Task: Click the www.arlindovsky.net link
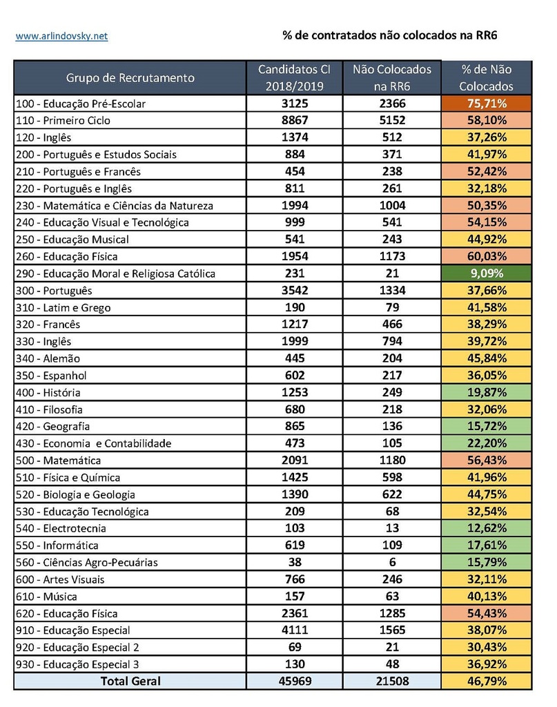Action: (x=61, y=36)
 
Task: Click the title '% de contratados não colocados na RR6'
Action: (x=390, y=35)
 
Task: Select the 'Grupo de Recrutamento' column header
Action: (x=130, y=78)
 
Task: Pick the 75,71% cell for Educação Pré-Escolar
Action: (x=487, y=104)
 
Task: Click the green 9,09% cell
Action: (x=487, y=273)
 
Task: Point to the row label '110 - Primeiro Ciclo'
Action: (x=63, y=120)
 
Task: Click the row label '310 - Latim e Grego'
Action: (x=63, y=307)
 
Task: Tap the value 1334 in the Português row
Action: (x=392, y=291)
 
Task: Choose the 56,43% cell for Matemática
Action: (x=487, y=461)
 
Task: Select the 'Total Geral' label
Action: (x=130, y=681)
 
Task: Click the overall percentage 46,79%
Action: (x=487, y=681)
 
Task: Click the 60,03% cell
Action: (x=487, y=256)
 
